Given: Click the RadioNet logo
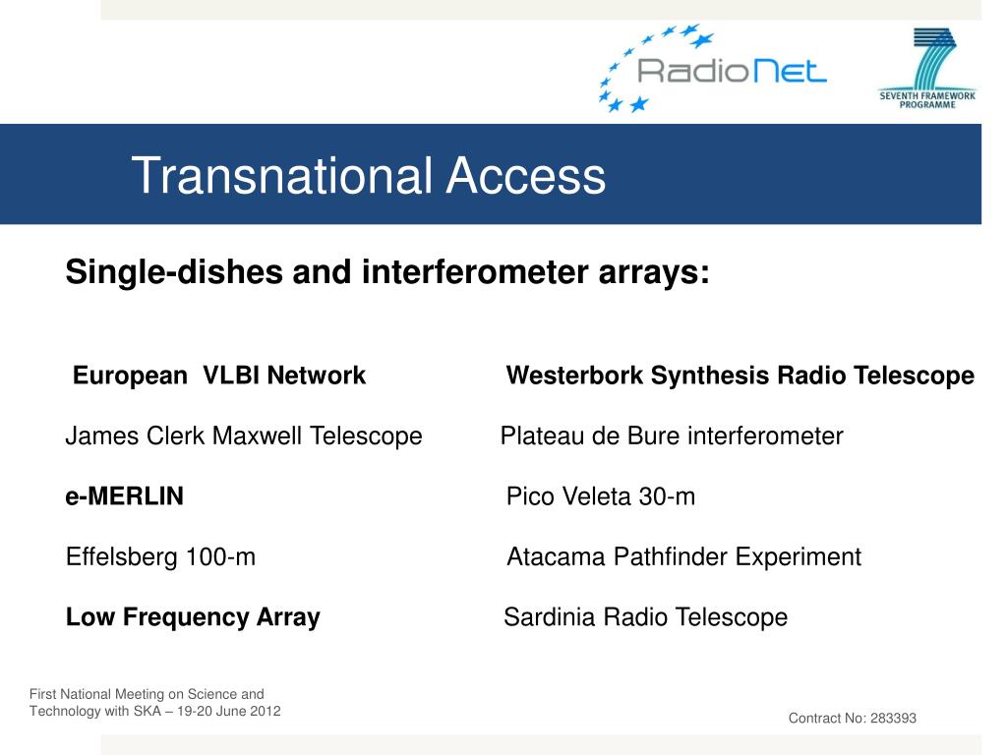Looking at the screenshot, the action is coord(712,68).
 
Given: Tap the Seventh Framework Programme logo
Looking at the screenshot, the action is coord(927,68).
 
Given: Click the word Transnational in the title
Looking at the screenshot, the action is coord(282,175).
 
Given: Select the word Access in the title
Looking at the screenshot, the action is coord(525,175).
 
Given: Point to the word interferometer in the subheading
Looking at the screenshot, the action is coord(475,271).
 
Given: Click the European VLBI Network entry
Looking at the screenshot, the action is coord(219,376).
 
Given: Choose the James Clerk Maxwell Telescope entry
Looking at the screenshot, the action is coord(244,436).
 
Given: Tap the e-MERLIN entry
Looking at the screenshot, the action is coord(125,496).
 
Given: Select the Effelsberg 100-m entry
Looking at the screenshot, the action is coord(160,556).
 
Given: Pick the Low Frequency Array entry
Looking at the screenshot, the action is coord(193,617).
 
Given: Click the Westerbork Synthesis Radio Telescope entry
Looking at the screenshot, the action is coord(740,376).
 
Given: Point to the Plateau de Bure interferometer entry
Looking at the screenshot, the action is coord(672,436).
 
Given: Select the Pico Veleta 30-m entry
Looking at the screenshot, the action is coord(601,496).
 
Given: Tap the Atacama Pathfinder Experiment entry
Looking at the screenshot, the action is coord(684,556).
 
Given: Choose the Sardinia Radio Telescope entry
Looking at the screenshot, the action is coord(645,617).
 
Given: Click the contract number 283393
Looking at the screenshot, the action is coord(893,718).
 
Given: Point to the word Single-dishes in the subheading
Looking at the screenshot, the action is coord(174,271).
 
